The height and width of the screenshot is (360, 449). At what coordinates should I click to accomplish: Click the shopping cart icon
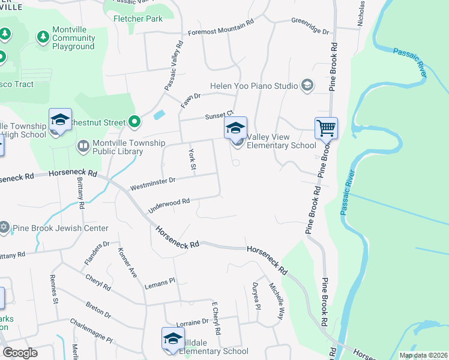coord(326,127)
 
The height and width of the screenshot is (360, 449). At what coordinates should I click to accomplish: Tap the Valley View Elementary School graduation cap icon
coord(235,128)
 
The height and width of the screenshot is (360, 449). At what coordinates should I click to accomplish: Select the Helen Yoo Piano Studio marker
coord(307,86)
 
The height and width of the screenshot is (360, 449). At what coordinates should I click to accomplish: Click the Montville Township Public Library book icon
coord(83,145)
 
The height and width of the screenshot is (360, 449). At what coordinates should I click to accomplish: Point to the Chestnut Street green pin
coord(134,122)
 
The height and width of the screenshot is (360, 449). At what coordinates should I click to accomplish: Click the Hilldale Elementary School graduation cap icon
coord(173,338)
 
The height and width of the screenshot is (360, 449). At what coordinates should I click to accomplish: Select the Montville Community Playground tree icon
coord(43,37)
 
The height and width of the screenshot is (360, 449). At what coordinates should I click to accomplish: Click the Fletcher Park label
coord(138,19)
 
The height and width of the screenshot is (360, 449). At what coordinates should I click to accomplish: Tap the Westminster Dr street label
coord(152,180)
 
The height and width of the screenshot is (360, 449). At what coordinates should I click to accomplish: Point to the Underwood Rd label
coord(173,203)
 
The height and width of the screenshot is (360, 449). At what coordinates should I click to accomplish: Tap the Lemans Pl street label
coord(159,283)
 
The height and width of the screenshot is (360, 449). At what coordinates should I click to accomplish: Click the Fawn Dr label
coord(189,100)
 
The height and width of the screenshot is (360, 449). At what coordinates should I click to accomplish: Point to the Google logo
coord(20,353)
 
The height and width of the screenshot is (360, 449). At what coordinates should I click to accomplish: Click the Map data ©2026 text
coord(423,355)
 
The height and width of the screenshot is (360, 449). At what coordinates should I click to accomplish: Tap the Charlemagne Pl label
coord(91,331)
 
